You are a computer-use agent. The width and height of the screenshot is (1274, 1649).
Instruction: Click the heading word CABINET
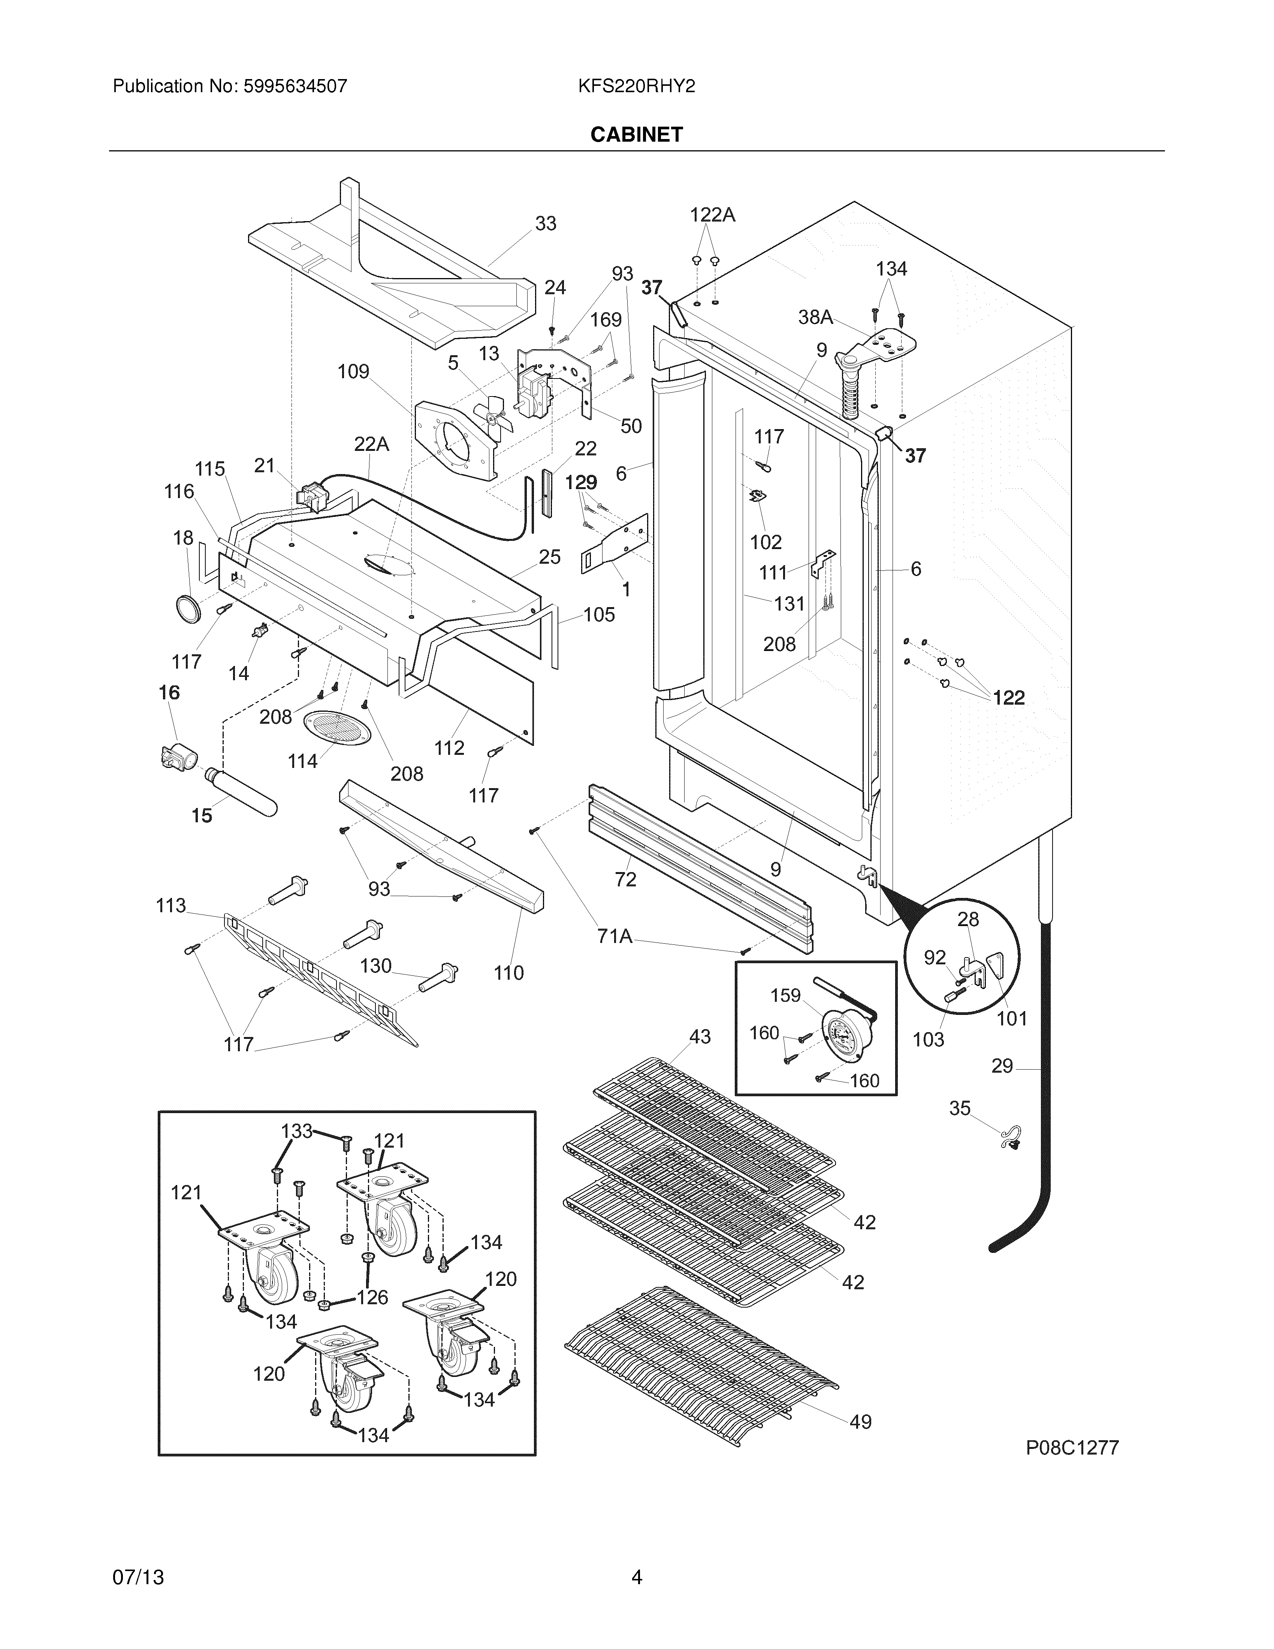click(636, 135)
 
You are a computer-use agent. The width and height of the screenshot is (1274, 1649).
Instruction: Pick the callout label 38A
click(816, 317)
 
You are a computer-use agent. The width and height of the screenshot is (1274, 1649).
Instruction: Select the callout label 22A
click(371, 445)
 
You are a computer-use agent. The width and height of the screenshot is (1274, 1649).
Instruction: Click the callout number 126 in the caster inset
click(372, 1297)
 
